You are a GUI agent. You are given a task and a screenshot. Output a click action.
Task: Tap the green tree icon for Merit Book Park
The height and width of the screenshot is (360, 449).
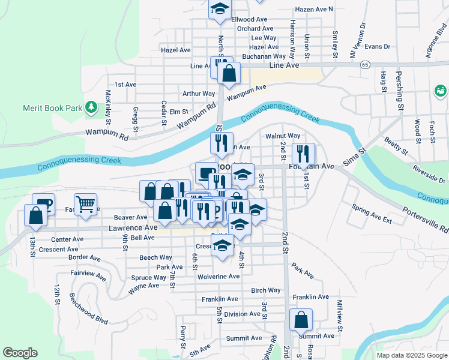[x=91, y=107]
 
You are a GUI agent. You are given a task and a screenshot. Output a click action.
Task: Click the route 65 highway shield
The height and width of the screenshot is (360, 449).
[x=365, y=64]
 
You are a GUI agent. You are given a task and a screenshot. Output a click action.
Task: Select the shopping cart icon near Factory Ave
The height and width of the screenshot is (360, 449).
[x=86, y=205]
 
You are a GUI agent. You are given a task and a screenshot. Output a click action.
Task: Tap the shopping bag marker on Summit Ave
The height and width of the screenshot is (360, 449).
[x=301, y=319]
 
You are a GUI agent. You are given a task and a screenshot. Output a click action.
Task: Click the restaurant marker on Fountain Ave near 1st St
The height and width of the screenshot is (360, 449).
[x=303, y=154]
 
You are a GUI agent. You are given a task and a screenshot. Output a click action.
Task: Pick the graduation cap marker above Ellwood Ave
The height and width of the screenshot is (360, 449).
[x=220, y=9]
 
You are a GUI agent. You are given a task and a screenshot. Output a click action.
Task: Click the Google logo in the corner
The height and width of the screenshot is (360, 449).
[x=20, y=353]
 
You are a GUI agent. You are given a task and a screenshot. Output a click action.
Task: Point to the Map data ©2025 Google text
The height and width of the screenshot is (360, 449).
[x=411, y=355]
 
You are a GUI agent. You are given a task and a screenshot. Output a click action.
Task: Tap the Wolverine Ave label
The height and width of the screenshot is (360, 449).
[x=218, y=277]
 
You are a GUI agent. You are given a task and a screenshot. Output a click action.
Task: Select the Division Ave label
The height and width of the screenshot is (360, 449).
[x=242, y=314]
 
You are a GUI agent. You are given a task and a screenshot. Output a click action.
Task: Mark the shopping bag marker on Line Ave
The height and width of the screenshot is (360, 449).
[x=229, y=74]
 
